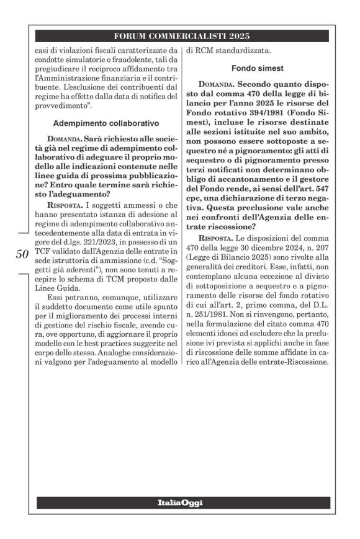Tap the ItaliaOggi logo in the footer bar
[x=180, y=502]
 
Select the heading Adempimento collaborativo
[x=106, y=123]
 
